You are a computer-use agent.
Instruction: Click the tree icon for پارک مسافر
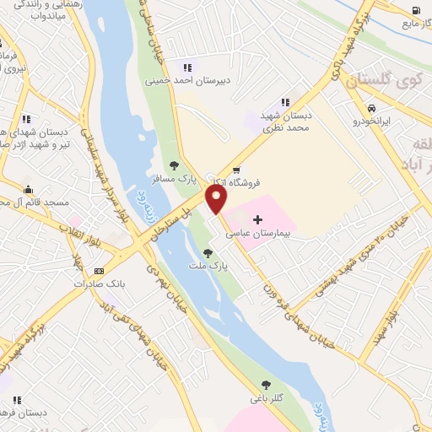tap(174, 165)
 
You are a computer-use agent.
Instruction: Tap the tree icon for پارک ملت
tap(208, 252)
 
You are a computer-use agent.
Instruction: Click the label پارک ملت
tap(218, 267)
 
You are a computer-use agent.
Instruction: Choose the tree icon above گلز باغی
tap(267, 384)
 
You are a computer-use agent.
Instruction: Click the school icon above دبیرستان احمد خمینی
tap(187, 67)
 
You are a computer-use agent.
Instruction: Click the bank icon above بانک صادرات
tap(100, 271)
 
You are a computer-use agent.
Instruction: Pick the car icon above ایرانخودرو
tap(371, 108)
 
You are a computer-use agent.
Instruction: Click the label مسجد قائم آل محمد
tap(34, 202)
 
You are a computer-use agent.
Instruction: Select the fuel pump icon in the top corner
tap(416, 11)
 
